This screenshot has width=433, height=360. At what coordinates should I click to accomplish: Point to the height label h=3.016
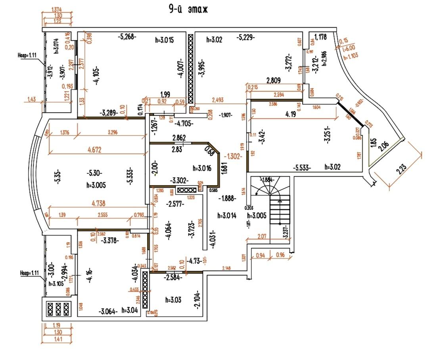[202, 168]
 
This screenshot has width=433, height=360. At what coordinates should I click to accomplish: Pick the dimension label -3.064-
[107, 311]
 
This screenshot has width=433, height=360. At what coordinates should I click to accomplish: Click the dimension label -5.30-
[95, 173]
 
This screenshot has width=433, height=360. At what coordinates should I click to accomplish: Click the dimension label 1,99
[165, 94]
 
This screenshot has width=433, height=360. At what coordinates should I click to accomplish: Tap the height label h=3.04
[130, 310]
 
